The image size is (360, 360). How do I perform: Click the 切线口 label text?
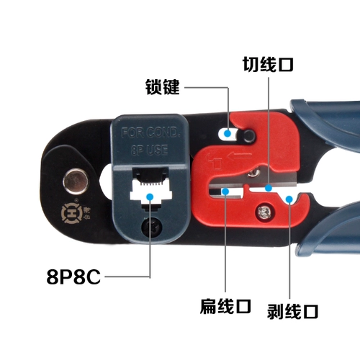268,64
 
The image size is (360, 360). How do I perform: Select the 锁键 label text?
163,86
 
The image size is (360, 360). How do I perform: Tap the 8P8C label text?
73,276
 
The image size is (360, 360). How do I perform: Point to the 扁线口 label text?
225,307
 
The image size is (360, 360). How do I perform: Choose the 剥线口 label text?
292,311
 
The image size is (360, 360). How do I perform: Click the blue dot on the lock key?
228,133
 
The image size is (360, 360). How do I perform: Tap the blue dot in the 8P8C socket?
150,197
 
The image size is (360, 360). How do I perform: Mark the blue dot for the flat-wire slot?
225,191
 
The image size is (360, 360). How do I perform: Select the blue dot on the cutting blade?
269,188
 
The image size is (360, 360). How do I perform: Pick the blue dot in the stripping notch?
289,199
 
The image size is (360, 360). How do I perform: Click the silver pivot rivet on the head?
76,181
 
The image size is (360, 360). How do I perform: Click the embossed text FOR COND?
150,132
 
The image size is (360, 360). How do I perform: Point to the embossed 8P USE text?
149,150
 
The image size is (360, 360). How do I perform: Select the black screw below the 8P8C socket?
152,227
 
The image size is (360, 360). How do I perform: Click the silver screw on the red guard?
264,212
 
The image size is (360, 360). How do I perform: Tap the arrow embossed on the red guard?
240,156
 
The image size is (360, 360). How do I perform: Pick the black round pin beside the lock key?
248,135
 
